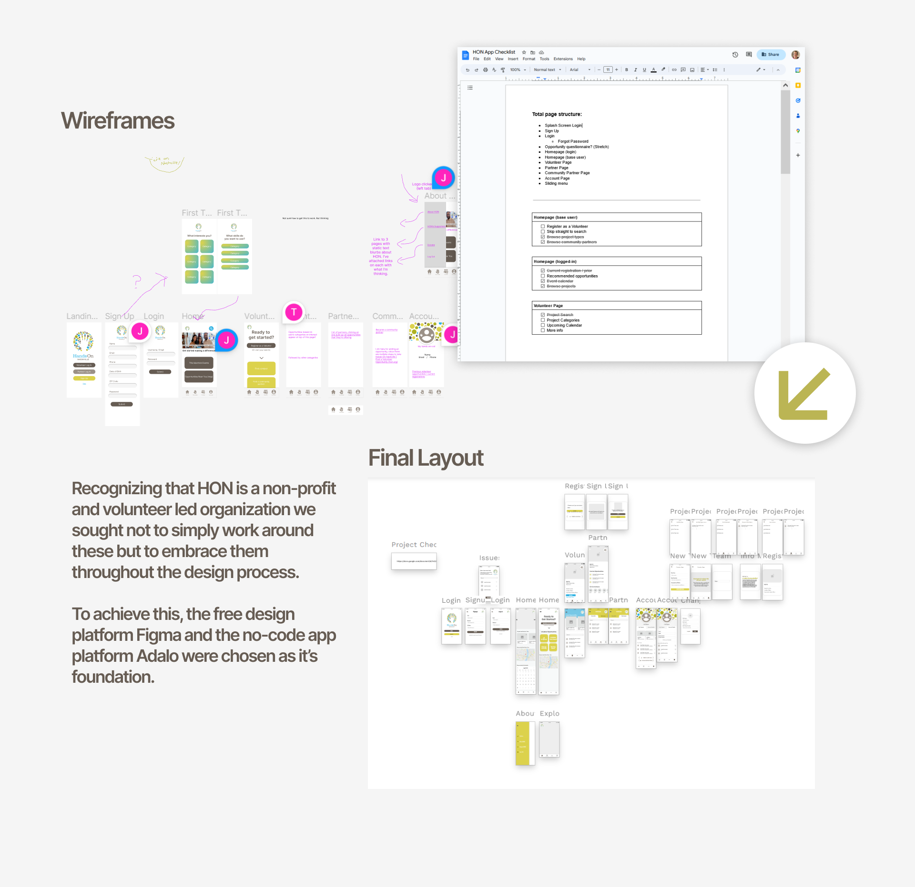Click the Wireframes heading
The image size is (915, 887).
coord(118,120)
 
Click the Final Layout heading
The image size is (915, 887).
coord(426,458)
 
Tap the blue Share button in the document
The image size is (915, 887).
coord(770,55)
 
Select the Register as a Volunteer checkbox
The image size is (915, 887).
coord(542,227)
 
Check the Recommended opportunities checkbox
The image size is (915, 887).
coord(542,276)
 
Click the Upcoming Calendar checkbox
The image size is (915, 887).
coord(542,326)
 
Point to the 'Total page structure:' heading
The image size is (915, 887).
coord(557,114)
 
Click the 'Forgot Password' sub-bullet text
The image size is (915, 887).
coord(573,141)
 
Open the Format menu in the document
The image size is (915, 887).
coord(529,59)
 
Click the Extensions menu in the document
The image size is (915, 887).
coord(563,59)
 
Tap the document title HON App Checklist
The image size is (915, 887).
coord(494,52)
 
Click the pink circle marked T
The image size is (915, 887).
coord(294,312)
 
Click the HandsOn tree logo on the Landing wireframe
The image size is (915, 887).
coord(83,341)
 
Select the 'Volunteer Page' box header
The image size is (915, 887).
coord(548,306)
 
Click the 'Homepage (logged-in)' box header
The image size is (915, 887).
coord(555,261)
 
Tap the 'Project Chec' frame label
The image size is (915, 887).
coord(414,545)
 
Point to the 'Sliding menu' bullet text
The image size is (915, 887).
coord(556,184)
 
